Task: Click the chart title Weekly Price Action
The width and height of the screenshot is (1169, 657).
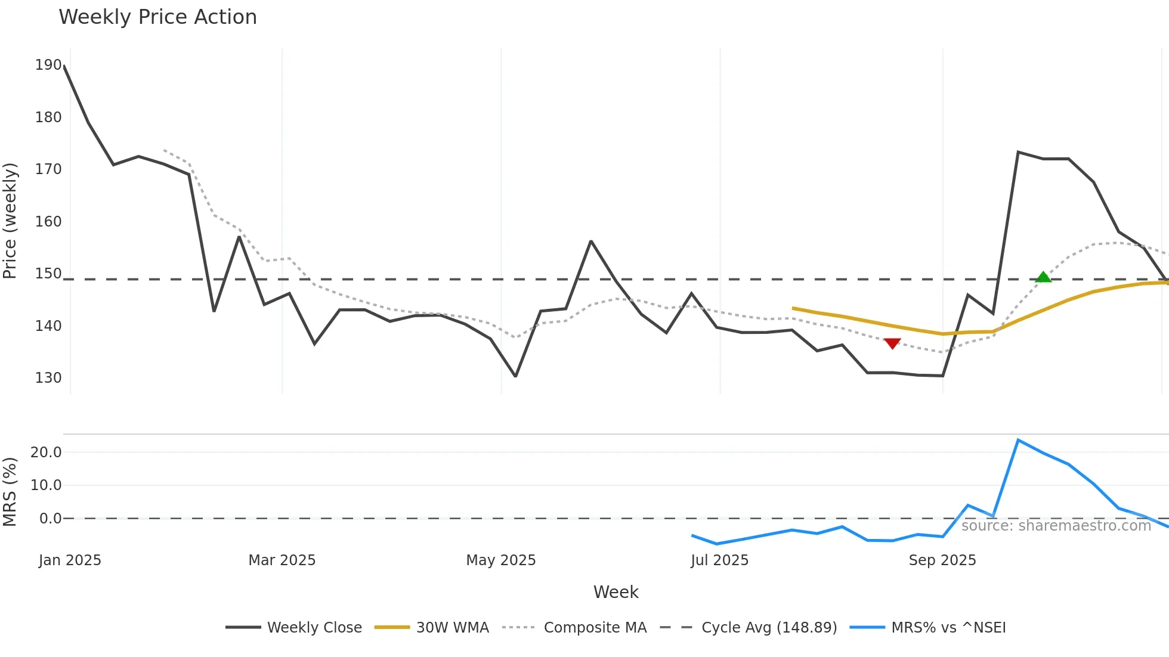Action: [157, 17]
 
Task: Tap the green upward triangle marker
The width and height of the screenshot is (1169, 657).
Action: [1043, 277]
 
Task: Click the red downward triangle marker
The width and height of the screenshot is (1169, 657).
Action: [892, 343]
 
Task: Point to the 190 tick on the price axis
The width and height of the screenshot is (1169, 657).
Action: [48, 65]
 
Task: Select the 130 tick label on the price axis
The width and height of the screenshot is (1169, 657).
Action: [48, 378]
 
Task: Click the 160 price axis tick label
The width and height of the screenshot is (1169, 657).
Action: [48, 222]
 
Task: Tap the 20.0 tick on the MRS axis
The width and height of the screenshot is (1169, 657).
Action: [46, 453]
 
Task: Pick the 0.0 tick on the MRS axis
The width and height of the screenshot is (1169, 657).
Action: [50, 519]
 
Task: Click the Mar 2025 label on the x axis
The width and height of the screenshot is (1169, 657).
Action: [282, 560]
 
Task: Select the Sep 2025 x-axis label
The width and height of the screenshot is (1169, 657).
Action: [942, 560]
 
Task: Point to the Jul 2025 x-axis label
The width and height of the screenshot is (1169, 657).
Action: [719, 560]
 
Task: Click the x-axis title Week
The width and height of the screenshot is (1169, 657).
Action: [616, 592]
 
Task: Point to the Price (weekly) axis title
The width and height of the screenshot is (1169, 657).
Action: [10, 221]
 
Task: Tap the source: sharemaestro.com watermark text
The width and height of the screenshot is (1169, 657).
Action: [1056, 526]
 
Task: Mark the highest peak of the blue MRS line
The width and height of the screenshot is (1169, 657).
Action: [1018, 440]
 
